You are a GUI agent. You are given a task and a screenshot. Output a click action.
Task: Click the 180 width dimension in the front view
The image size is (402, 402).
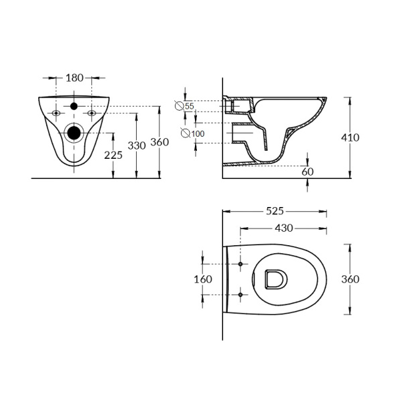click(74, 78)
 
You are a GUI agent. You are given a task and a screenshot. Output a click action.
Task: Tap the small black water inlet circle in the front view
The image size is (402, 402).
click(74, 107)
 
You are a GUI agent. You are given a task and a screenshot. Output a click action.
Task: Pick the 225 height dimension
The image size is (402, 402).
click(113, 155)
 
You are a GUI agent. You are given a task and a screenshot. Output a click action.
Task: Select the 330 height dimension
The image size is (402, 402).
click(137, 145)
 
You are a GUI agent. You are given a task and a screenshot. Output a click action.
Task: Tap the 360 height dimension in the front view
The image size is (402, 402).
click(159, 142)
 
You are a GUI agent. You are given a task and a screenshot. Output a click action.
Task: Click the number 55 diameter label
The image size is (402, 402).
click(189, 107)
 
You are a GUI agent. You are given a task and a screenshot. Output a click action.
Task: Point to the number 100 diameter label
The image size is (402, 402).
click(197, 134)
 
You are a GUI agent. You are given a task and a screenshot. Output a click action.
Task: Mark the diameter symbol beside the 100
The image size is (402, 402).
click(185, 134)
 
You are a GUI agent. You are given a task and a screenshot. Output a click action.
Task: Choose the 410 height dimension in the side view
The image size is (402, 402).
click(350, 137)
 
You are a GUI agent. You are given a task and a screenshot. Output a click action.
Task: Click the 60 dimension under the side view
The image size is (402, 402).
click(308, 172)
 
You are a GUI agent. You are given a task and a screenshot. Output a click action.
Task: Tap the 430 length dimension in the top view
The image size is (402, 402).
click(284, 228)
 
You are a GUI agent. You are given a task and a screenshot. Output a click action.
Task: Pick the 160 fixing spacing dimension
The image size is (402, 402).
click(204, 279)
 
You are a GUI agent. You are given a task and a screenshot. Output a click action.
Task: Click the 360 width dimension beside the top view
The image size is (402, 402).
click(350, 279)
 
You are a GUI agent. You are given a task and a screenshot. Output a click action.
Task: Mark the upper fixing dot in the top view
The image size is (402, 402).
click(240, 264)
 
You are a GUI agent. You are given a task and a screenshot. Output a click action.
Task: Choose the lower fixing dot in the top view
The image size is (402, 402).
click(240, 294)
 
